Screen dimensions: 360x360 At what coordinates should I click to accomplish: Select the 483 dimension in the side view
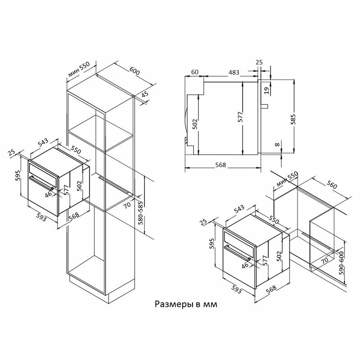[x=234, y=72]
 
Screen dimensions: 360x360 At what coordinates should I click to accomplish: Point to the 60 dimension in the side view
[x=195, y=72]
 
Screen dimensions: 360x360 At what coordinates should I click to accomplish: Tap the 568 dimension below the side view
[x=221, y=164]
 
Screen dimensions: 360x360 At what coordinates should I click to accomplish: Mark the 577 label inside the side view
[x=240, y=117]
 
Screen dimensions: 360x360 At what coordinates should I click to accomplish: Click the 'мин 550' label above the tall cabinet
[x=79, y=71]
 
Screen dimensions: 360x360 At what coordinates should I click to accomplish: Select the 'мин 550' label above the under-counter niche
[x=287, y=181]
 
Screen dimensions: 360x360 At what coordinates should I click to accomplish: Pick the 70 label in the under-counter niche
[x=325, y=260]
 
